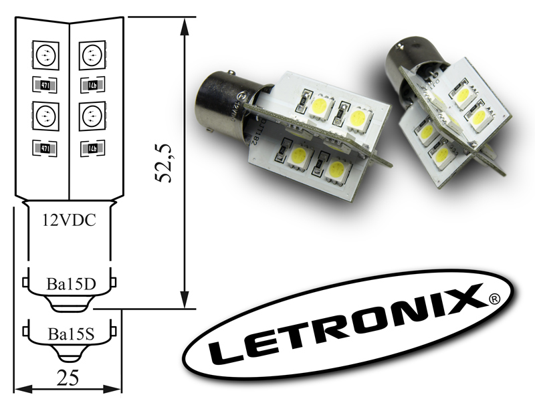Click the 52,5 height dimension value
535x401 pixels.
tap(163, 162)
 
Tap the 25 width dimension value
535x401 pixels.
tap(68, 378)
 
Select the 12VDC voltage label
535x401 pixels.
tap(70, 221)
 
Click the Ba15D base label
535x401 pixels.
tap(71, 283)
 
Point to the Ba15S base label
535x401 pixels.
tap(71, 334)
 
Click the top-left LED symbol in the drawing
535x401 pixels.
tap(45, 54)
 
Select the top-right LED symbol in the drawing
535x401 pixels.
tap(92, 54)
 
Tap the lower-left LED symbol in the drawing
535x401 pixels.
tap(45, 116)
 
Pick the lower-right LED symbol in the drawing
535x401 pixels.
tap(92, 116)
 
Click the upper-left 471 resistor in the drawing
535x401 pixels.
tap(45, 86)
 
